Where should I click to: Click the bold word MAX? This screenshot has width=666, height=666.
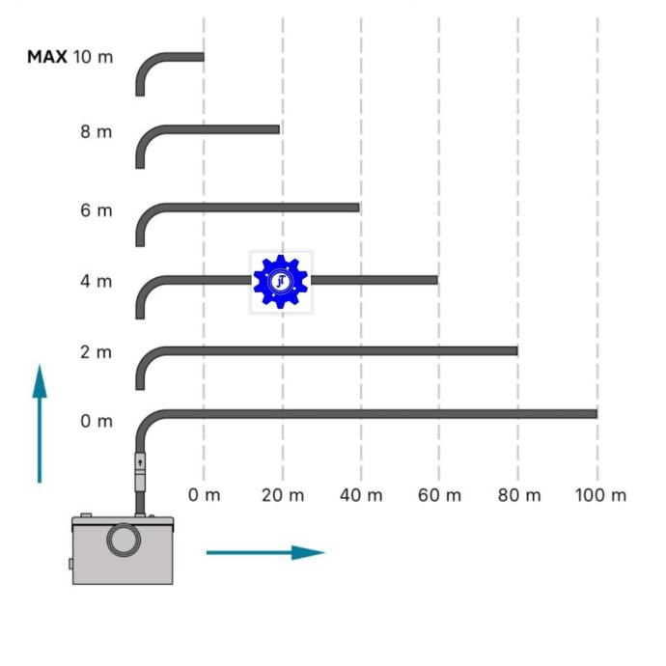pyautogui.click(x=47, y=57)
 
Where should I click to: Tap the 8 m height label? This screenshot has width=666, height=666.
pyautogui.click(x=97, y=131)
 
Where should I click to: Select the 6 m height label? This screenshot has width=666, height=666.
pyautogui.click(x=97, y=210)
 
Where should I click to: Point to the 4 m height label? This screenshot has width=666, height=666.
pyautogui.click(x=97, y=281)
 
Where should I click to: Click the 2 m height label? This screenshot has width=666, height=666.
pyautogui.click(x=97, y=352)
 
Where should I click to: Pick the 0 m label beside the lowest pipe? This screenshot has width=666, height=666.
pyautogui.click(x=97, y=421)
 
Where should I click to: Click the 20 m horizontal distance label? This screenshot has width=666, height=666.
pyautogui.click(x=283, y=495)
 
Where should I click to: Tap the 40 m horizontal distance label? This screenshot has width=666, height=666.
pyautogui.click(x=361, y=495)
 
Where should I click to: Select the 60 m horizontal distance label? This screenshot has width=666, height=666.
pyautogui.click(x=439, y=495)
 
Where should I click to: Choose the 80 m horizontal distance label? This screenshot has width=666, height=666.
pyautogui.click(x=519, y=495)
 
